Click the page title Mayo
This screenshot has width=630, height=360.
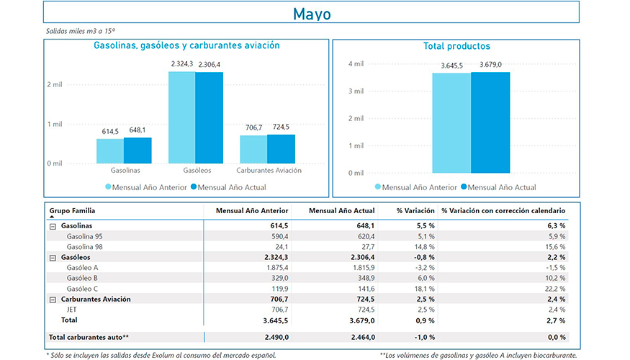point(312,14)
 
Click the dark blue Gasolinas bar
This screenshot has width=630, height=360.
point(138,150)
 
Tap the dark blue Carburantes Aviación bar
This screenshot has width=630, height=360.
point(281,148)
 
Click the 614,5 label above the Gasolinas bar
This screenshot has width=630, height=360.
point(110,131)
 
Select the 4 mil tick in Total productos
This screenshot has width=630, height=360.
point(356,64)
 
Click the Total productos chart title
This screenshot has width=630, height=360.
point(456,46)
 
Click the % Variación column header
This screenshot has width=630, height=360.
point(415,211)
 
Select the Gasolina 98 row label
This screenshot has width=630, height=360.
point(84,246)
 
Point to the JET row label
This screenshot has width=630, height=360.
point(72,309)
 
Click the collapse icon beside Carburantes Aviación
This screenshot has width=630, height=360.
point(53,299)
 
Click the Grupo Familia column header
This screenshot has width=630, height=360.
point(72,211)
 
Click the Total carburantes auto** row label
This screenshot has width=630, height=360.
point(89,337)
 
